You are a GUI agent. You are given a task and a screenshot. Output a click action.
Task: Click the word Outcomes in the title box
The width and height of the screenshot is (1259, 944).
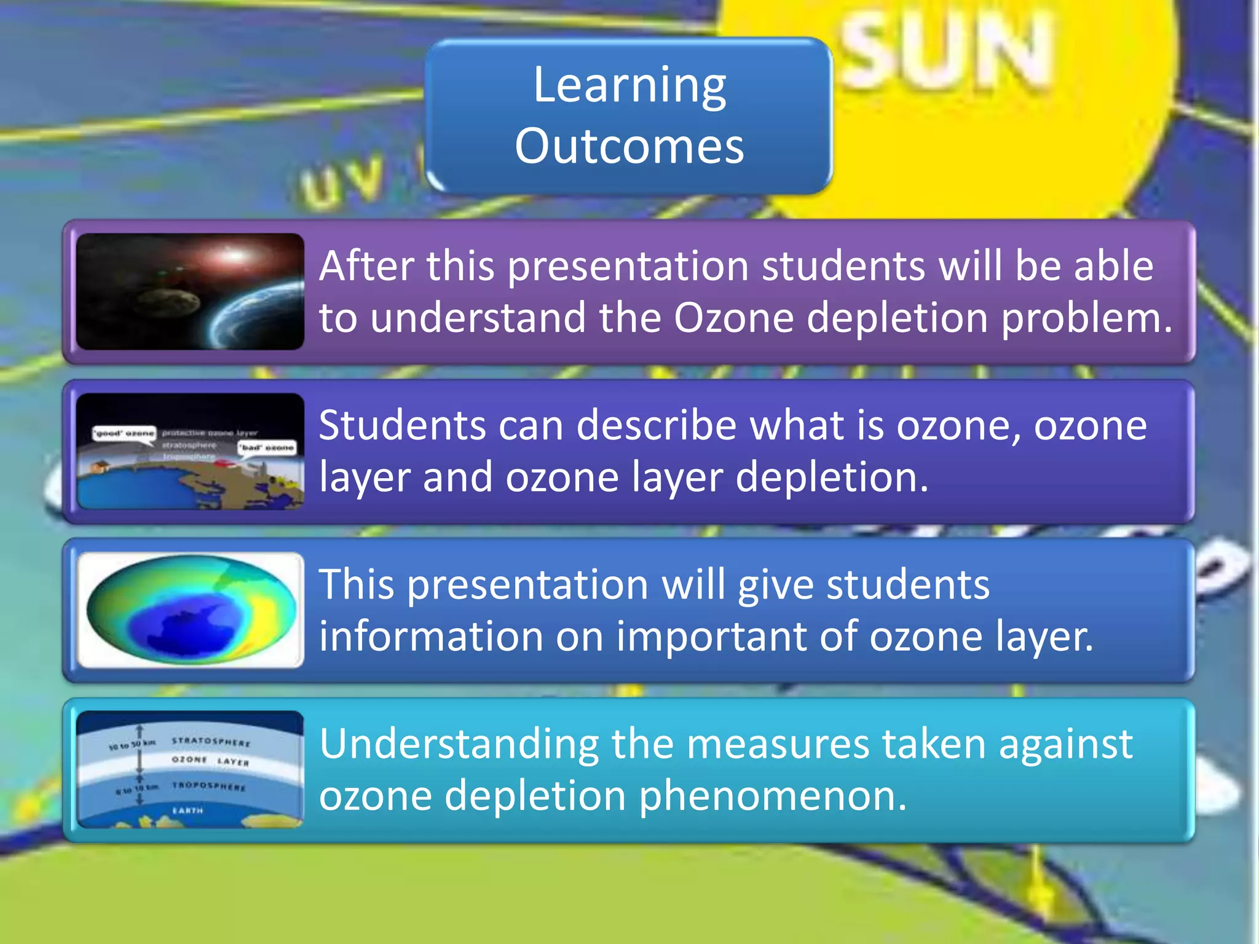click(x=629, y=146)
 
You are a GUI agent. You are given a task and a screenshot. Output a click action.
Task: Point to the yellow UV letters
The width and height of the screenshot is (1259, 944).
click(x=342, y=182)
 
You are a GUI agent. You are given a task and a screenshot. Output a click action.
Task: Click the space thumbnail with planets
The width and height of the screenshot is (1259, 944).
click(x=190, y=291)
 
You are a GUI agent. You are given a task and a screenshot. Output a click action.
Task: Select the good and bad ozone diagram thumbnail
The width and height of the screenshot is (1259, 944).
click(x=190, y=451)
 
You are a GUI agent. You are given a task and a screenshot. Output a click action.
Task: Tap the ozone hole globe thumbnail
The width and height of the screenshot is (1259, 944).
click(x=190, y=610)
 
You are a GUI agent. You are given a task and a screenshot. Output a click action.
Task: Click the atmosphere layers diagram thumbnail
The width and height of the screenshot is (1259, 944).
click(x=190, y=769)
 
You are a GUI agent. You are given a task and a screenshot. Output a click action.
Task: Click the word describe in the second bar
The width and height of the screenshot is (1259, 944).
click(x=657, y=425)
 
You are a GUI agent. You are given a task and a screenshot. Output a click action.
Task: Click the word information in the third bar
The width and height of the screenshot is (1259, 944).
click(x=430, y=636)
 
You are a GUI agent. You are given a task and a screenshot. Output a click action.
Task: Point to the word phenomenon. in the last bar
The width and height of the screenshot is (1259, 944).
click(x=772, y=796)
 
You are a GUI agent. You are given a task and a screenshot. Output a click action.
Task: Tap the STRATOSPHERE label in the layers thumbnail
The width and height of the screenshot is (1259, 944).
click(x=211, y=742)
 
